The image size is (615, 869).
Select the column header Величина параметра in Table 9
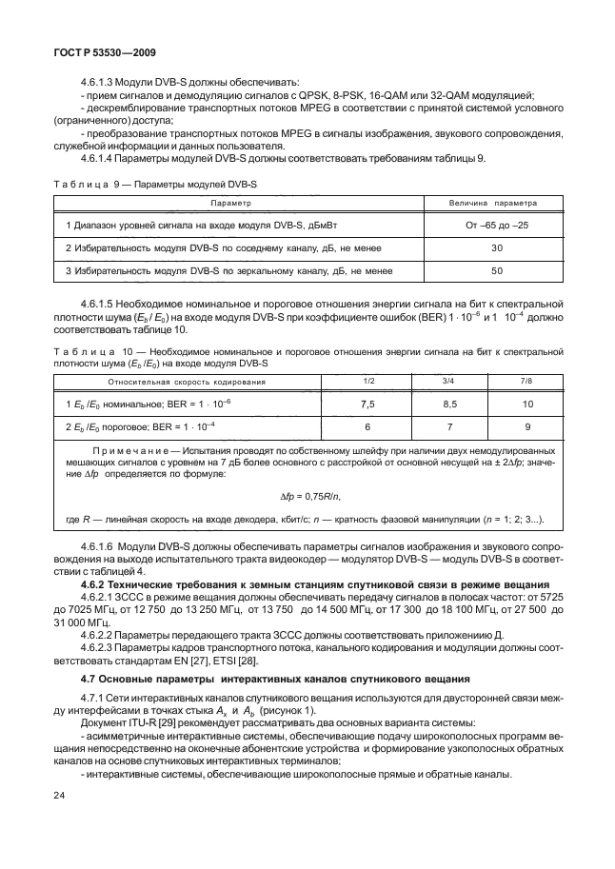(x=492, y=204)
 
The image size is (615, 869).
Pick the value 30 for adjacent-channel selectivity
(x=496, y=247)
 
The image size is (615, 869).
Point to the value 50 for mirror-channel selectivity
(x=496, y=271)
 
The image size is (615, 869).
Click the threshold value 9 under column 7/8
(x=527, y=427)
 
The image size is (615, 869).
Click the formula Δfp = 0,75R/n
(x=309, y=497)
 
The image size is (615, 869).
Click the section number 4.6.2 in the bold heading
(x=96, y=582)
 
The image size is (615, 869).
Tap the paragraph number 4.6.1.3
(x=101, y=83)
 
